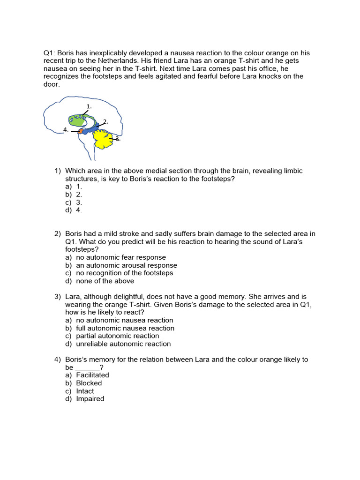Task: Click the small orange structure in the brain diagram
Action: [x=80, y=132]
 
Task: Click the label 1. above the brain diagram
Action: [x=89, y=106]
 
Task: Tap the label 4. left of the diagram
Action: [x=66, y=129]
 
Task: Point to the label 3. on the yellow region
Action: [x=117, y=139]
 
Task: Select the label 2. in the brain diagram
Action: [x=106, y=122]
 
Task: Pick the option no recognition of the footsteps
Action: [x=125, y=273]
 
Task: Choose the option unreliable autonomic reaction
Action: [x=123, y=344]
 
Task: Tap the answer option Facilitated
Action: [x=92, y=375]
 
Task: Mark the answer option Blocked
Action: [x=89, y=383]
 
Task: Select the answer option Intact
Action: [x=85, y=391]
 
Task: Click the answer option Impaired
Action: [x=90, y=399]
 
